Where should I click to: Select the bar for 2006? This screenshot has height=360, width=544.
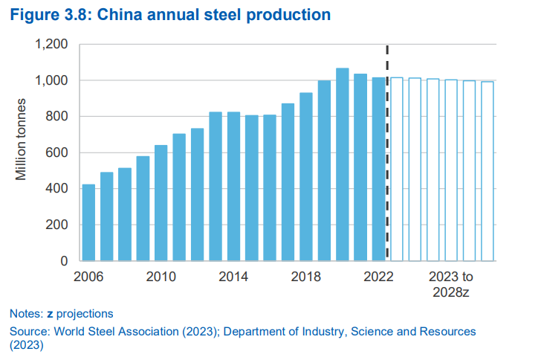click(x=88, y=222)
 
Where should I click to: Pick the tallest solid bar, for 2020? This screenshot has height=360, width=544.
click(x=342, y=164)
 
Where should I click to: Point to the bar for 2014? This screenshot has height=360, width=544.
click(x=233, y=186)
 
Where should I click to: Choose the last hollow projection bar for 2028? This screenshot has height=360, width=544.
click(x=487, y=171)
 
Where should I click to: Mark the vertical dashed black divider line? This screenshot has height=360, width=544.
click(x=387, y=149)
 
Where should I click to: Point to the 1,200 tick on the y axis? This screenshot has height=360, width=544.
click(x=52, y=45)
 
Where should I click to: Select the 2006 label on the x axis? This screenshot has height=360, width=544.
click(x=88, y=277)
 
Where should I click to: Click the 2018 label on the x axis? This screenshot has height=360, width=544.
click(x=305, y=277)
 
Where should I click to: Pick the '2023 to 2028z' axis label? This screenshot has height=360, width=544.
click(x=450, y=283)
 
